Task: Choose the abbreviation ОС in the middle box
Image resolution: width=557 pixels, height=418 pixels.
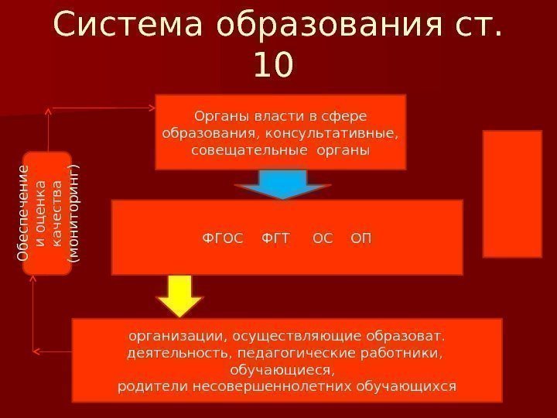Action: (x=323, y=238)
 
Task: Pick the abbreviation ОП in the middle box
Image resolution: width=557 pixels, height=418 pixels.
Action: (x=361, y=238)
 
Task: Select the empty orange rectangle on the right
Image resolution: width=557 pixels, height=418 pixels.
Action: (x=511, y=193)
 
